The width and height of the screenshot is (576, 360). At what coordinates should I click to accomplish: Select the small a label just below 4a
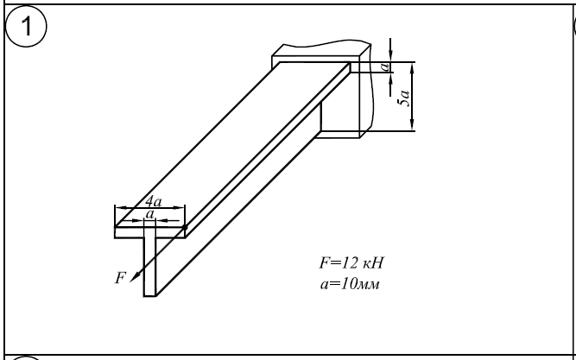(150, 212)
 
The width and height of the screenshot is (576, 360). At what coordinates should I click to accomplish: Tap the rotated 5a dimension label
(403, 98)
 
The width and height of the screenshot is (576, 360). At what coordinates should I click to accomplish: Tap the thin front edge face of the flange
(149, 232)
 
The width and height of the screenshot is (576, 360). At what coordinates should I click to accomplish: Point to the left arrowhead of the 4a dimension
(119, 208)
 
